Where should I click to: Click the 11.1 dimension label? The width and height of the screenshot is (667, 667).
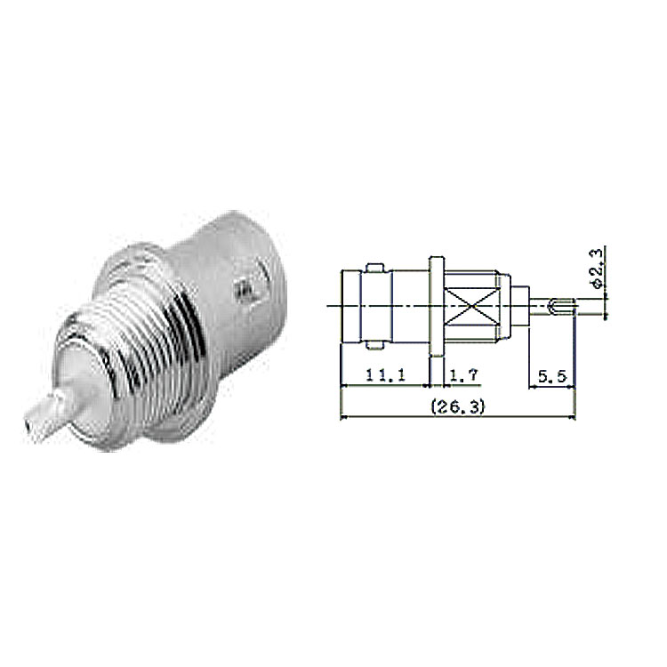[385, 374]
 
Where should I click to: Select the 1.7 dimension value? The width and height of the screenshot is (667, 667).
[464, 374]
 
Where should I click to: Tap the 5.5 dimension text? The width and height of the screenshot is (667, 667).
[552, 376]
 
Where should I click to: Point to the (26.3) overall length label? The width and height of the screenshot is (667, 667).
[458, 407]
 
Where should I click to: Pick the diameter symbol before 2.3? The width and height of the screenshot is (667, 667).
[598, 283]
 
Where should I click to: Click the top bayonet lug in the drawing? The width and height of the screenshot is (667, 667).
[374, 267]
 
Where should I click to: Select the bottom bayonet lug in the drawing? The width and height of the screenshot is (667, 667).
[374, 345]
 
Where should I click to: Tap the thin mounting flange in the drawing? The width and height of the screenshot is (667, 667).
[437, 306]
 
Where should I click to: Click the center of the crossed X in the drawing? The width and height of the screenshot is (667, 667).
[470, 306]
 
